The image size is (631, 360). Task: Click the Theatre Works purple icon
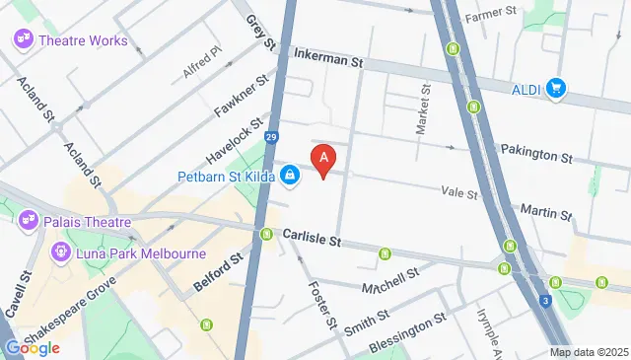point(23,40)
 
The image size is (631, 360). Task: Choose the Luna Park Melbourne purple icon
point(59,253)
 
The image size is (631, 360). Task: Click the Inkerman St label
point(329,61)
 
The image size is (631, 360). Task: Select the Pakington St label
point(536,156)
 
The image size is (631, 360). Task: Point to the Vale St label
point(459,194)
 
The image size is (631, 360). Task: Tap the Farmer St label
point(491,15)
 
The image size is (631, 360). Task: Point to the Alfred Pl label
point(202,63)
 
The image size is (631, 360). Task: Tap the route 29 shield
point(270,138)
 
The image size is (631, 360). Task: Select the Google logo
point(32,347)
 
